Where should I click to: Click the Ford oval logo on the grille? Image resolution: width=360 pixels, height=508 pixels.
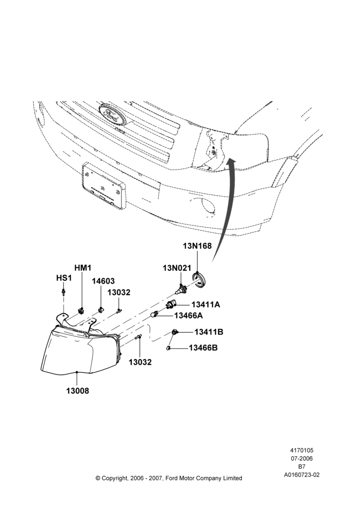point(112,114)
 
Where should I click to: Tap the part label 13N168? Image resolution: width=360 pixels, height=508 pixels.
point(197,246)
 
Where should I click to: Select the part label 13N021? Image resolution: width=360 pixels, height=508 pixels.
point(177,268)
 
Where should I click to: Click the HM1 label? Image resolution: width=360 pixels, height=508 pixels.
point(83,268)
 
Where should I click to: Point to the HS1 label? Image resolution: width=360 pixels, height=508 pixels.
point(64,278)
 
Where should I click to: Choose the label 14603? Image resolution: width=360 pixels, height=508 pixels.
point(103,281)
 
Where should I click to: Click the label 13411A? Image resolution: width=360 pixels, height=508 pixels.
point(205,304)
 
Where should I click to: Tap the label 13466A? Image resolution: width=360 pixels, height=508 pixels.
point(189,315)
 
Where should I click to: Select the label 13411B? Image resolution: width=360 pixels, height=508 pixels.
point(209,332)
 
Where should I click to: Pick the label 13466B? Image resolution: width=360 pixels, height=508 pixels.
point(203,348)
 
